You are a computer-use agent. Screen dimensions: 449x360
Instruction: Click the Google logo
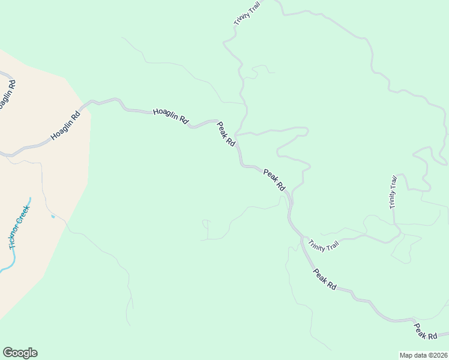pos(20,353)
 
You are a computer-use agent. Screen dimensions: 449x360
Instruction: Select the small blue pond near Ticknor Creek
pos(53,216)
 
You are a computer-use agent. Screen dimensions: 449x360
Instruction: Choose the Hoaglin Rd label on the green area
pos(170,116)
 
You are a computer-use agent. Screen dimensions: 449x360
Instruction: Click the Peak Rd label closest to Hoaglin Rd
pos(226,134)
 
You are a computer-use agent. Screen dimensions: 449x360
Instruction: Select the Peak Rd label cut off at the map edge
pos(427,331)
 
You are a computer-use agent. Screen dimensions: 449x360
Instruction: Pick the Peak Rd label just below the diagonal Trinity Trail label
pos(325,280)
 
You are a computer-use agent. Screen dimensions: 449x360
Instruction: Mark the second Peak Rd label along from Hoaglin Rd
pos(274,179)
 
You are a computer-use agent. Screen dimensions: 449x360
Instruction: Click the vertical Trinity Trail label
pos(393,191)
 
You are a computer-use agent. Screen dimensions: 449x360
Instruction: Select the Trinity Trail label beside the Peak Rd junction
pos(324,245)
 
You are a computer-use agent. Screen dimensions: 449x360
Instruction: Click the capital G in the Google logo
pos(7,352)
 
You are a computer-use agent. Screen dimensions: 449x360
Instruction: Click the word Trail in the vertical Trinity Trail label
pos(394,182)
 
